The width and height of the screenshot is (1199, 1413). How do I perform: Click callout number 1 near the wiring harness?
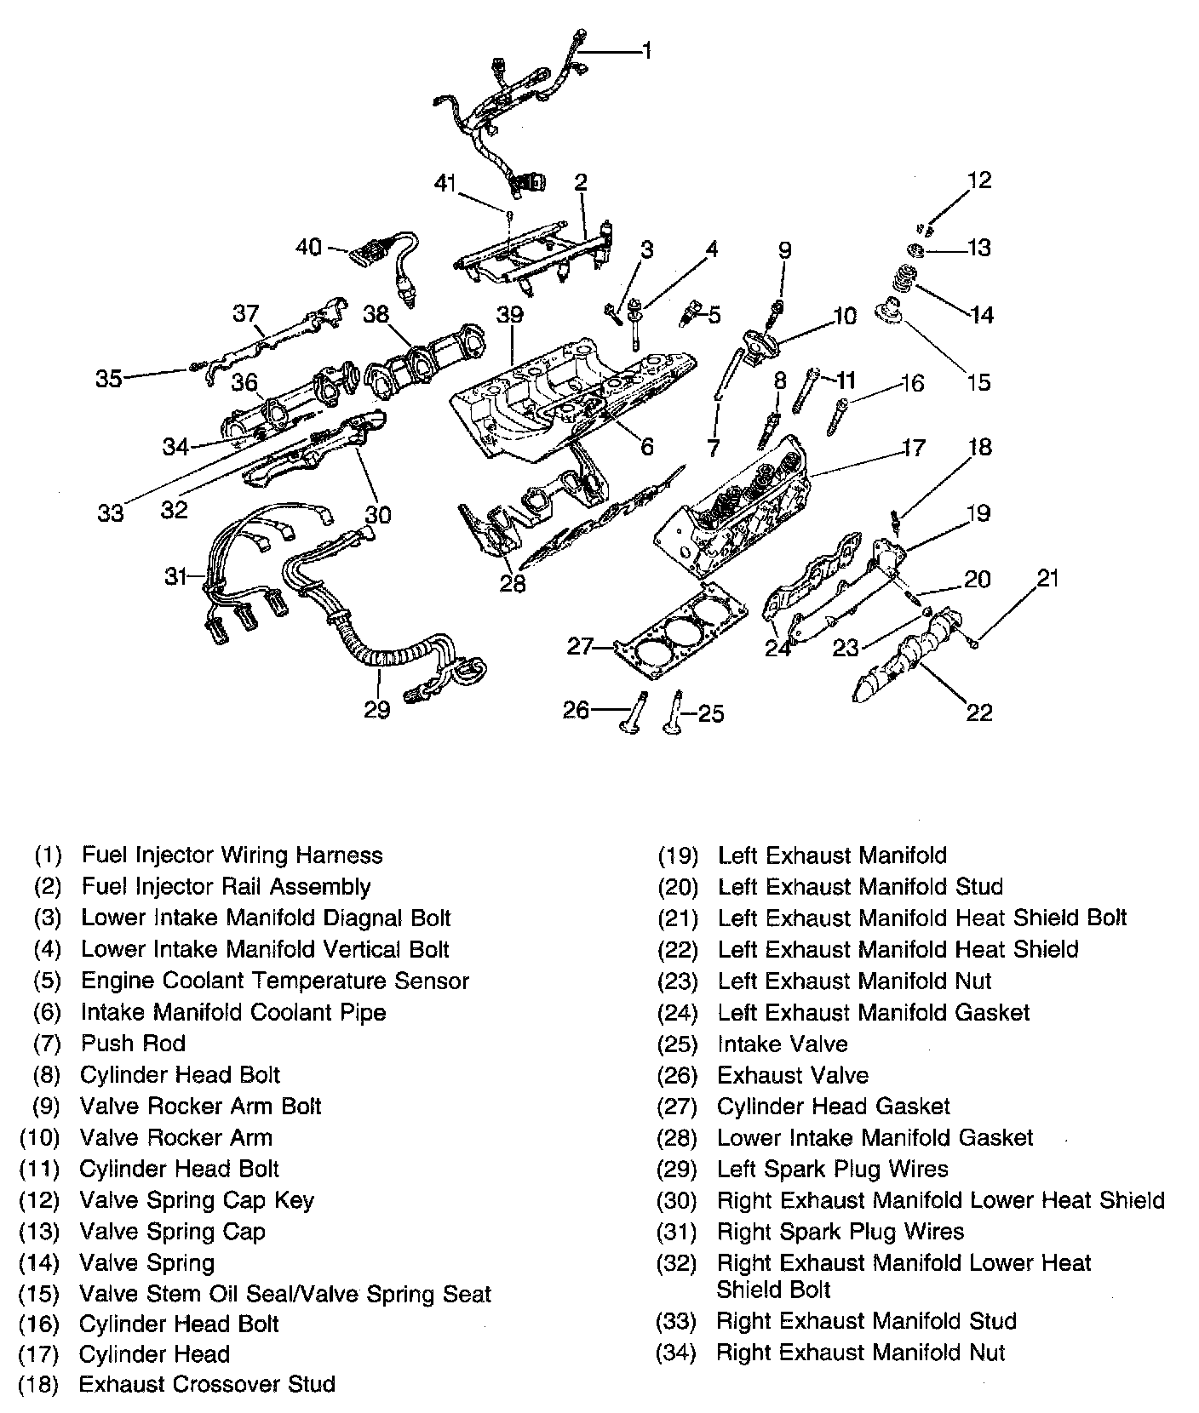(x=647, y=51)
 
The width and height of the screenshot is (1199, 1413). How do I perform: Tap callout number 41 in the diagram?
(x=445, y=182)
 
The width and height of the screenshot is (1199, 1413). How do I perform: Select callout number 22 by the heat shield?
(x=979, y=712)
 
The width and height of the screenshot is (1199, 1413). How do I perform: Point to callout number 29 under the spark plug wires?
(x=376, y=709)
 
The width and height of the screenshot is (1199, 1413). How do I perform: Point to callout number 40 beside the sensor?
(x=308, y=247)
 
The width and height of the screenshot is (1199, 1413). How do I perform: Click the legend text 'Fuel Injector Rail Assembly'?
(x=226, y=886)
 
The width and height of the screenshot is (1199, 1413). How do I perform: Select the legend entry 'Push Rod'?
(x=133, y=1043)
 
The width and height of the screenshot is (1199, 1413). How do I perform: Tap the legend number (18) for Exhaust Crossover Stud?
(x=38, y=1384)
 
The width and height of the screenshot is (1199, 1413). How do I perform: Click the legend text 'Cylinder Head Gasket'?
(x=833, y=1106)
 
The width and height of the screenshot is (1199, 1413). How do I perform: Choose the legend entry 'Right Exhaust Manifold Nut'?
(x=860, y=1352)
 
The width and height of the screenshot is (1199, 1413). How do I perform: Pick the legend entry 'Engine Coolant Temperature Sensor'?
(x=274, y=981)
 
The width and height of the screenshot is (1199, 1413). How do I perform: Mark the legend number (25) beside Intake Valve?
(x=678, y=1044)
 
